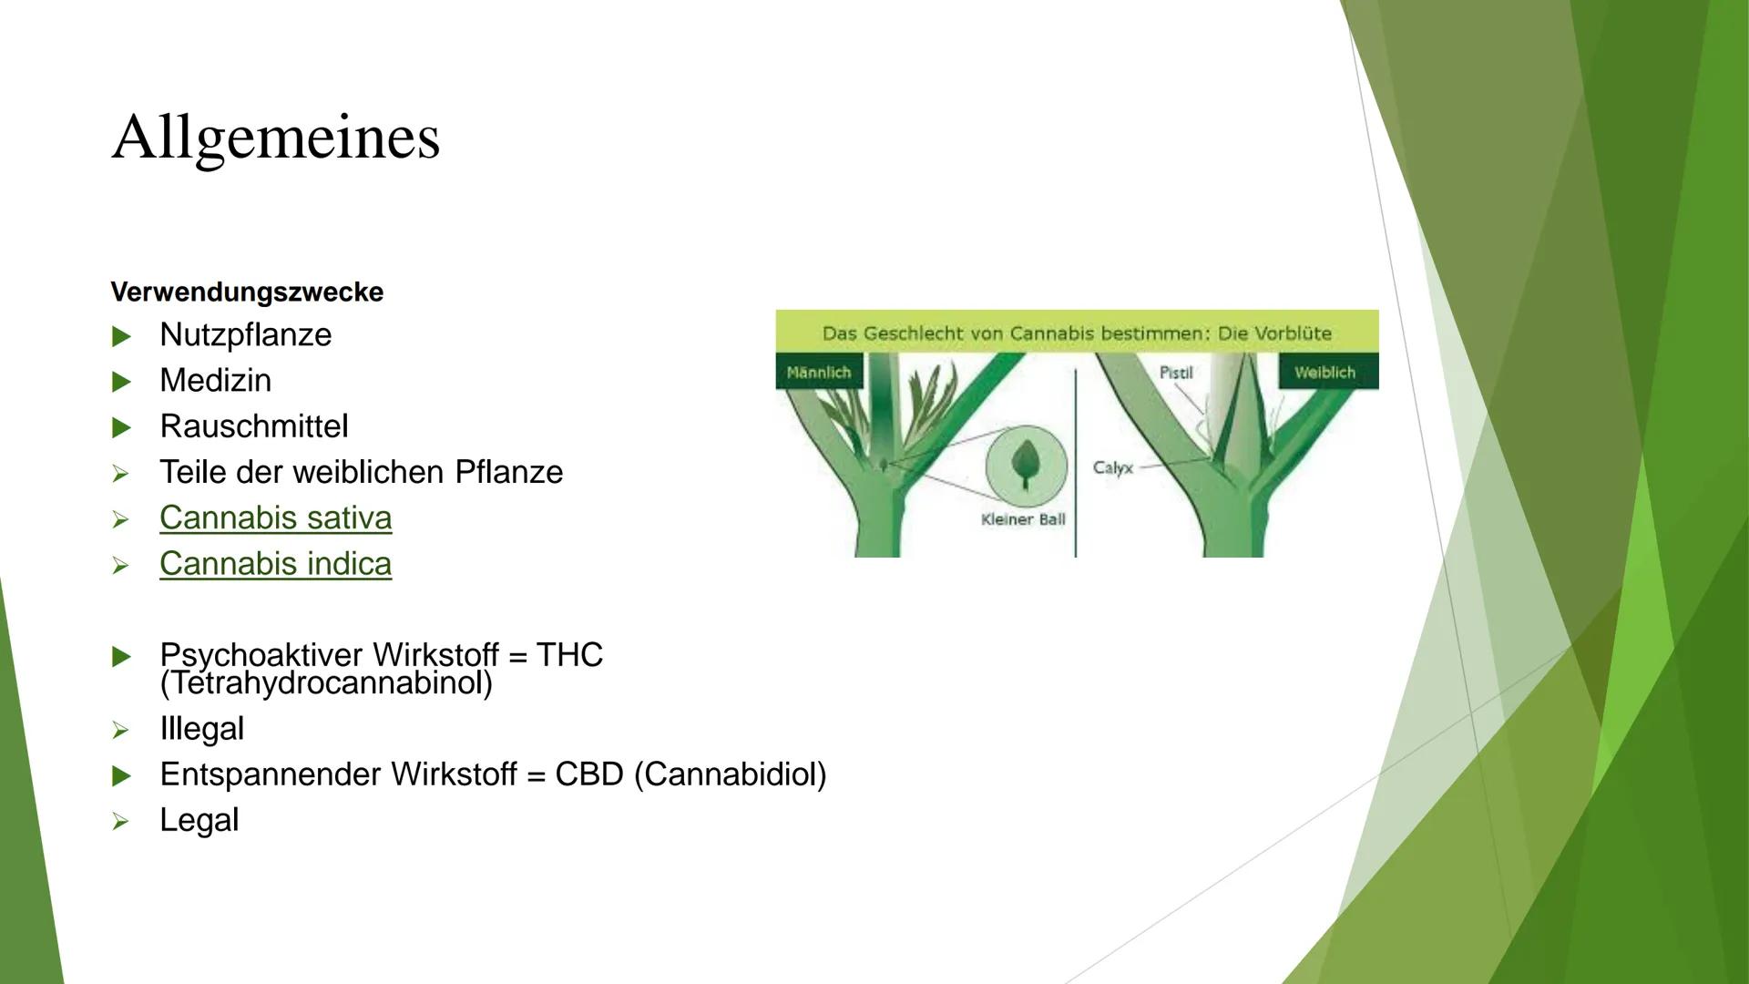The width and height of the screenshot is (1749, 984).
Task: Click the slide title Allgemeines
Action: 275,138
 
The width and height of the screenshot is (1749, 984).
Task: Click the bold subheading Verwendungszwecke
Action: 247,292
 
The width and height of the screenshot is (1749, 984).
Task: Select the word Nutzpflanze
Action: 245,335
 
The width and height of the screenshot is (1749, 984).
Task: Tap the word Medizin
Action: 215,381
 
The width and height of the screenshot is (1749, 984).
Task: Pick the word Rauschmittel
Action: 253,426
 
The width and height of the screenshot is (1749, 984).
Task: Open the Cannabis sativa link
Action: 275,518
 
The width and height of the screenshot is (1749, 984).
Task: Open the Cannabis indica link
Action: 275,564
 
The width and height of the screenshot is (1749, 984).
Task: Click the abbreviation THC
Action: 569,654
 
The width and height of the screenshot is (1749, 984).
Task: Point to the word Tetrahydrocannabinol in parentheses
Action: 326,683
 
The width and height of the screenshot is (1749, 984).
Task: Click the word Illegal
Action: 201,729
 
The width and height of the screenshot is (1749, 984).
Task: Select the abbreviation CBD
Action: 588,774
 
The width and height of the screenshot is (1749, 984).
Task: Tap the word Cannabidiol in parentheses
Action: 730,774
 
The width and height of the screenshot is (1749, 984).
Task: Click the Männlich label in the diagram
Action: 818,373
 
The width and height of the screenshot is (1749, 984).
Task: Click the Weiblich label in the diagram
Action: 1325,373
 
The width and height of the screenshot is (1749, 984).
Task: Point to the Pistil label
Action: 1176,373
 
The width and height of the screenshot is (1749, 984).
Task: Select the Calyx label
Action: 1112,468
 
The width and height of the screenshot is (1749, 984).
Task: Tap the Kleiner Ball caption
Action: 1023,519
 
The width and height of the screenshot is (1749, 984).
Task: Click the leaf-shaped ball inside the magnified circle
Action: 1026,464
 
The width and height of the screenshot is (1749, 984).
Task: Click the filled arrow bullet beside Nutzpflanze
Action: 121,336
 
